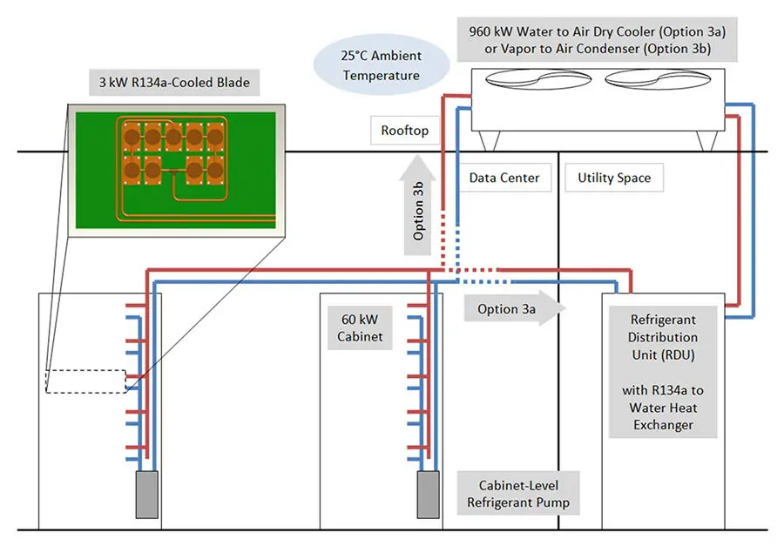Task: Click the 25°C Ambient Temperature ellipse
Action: tap(382, 65)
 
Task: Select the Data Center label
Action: tap(504, 178)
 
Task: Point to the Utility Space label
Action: tap(613, 178)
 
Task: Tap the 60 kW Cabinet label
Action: tap(359, 327)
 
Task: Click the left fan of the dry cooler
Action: tap(531, 78)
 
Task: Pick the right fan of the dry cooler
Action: tap(649, 78)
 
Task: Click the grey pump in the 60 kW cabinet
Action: tap(427, 495)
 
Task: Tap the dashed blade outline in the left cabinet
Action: tap(85, 381)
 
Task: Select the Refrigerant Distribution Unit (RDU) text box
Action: tap(664, 372)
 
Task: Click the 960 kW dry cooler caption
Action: tap(597, 40)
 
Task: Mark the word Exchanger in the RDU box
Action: tap(664, 425)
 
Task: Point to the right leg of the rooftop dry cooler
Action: tap(701, 139)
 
